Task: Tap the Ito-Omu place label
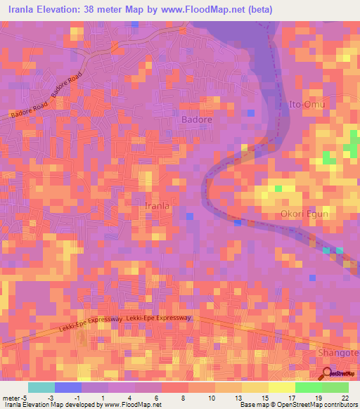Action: pos(307,105)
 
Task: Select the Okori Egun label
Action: pos(304,214)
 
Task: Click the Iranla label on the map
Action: pos(156,205)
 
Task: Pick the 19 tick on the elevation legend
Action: pos(319,397)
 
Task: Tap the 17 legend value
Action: pos(292,397)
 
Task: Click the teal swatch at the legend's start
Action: pos(41,387)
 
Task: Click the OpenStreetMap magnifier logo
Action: pos(327,372)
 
